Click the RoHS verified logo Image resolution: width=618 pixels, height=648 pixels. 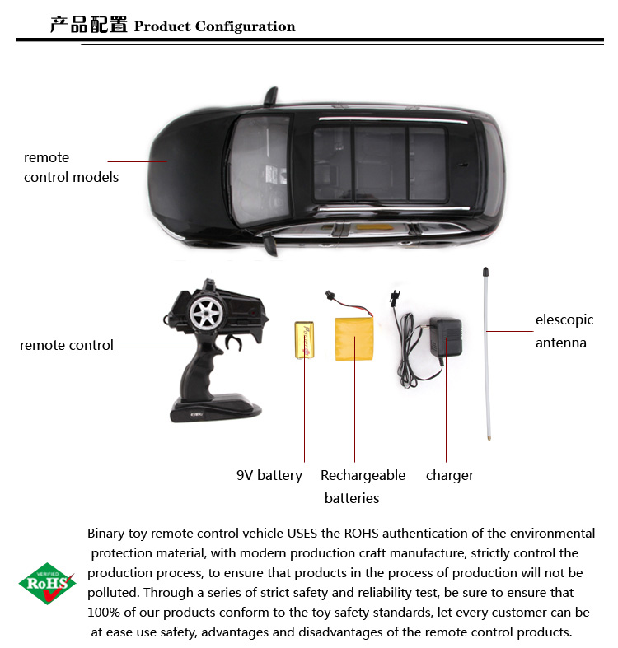pos(47,583)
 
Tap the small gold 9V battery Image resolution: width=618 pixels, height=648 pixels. pos(304,340)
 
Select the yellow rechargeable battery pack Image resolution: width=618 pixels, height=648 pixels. pos(354,338)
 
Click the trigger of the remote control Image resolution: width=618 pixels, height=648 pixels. pos(233,343)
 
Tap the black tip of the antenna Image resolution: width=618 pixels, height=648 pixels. pos(485,272)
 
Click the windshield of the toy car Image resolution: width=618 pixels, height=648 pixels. pos(260,170)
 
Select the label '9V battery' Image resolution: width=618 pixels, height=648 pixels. pos(269,475)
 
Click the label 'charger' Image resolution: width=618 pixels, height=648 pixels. pos(450,475)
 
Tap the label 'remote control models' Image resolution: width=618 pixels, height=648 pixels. pos(71,167)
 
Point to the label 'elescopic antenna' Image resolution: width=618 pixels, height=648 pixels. pos(564,331)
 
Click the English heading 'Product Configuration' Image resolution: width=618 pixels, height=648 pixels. pos(215,26)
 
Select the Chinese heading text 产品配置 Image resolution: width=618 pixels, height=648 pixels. pos(88,25)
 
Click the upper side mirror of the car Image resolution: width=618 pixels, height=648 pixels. pos(271,96)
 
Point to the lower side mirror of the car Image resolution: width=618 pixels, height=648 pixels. pos(270,245)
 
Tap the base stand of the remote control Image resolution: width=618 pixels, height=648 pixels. pos(216,408)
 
